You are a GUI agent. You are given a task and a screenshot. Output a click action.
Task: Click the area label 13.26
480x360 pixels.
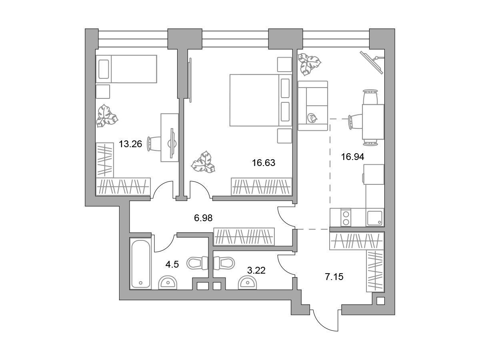(x=130, y=144)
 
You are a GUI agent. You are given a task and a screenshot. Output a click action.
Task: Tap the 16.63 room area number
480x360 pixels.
(x=264, y=163)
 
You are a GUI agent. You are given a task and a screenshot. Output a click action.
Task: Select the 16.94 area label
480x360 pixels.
(x=352, y=157)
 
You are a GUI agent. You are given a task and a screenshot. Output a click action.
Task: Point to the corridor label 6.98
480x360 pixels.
(x=203, y=218)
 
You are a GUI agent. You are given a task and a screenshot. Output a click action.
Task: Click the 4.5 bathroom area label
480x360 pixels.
(x=172, y=264)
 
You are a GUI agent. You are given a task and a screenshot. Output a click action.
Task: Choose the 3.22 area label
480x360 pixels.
(x=256, y=270)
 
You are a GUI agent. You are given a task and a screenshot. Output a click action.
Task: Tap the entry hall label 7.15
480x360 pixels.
(x=334, y=277)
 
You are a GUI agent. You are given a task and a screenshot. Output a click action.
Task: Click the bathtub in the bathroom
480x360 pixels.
(x=140, y=264)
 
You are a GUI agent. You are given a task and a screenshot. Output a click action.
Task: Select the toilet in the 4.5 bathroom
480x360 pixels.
(x=197, y=263)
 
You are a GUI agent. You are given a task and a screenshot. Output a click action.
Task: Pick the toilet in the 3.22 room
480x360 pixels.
(x=224, y=263)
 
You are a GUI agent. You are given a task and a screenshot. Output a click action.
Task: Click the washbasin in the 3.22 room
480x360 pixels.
(x=248, y=283)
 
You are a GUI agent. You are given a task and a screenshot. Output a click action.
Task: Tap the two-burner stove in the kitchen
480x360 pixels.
(x=346, y=217)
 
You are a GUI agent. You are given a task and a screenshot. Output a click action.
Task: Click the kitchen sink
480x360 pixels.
(x=374, y=218)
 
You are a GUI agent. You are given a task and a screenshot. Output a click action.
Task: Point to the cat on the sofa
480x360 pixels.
(x=312, y=118)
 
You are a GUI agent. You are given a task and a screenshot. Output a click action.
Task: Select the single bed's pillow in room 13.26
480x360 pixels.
(x=104, y=69)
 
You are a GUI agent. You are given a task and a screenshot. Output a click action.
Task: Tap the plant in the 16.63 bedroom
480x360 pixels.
(x=203, y=162)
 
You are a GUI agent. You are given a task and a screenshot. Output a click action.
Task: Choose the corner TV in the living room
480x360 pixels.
(x=372, y=62)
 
